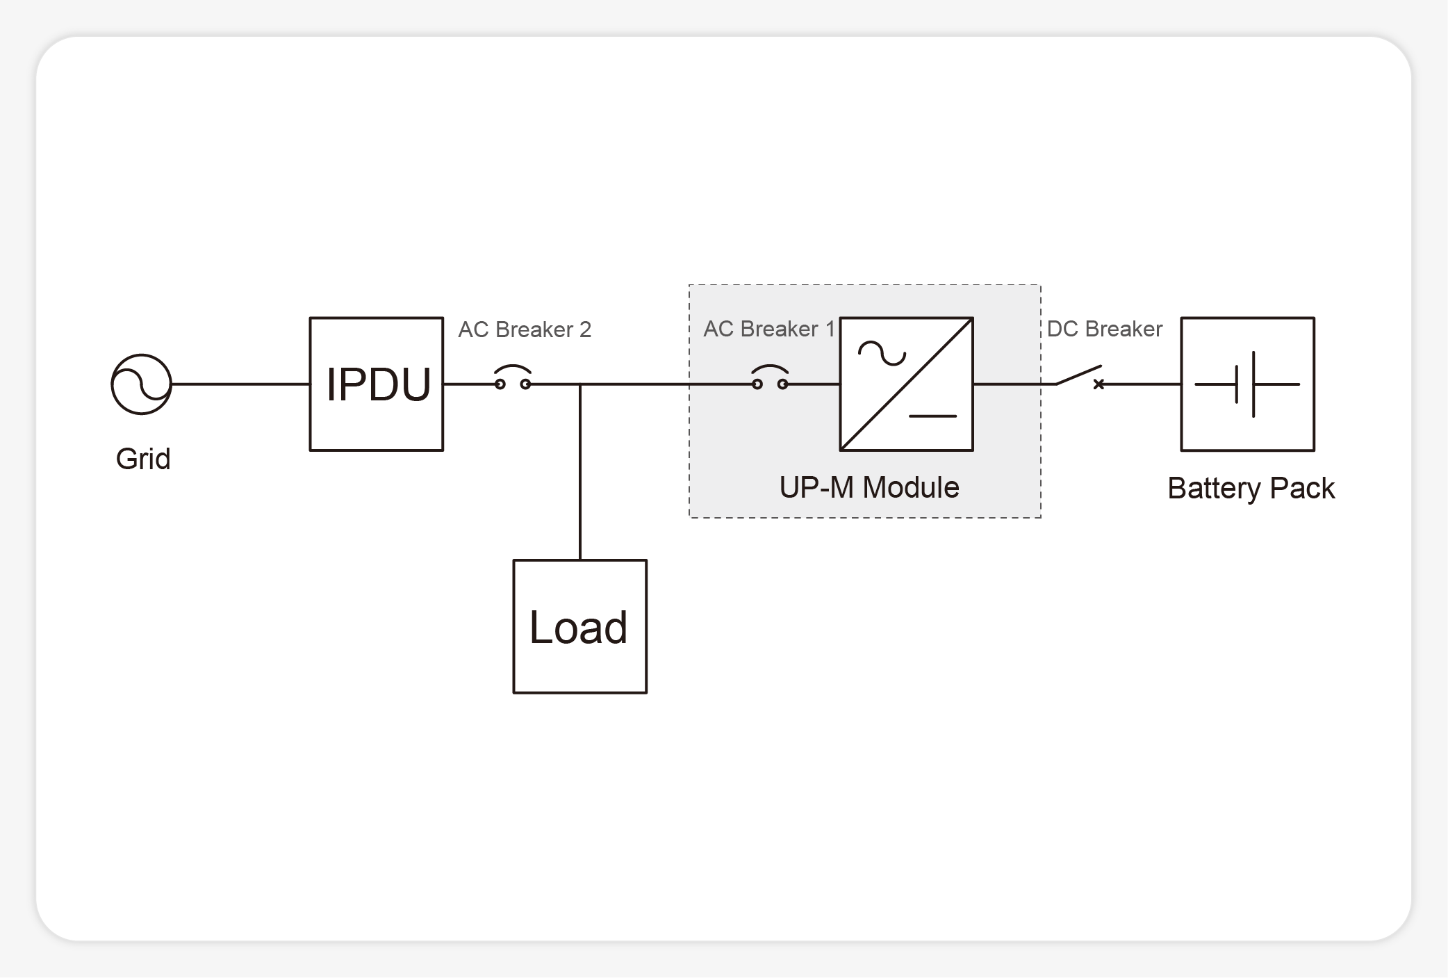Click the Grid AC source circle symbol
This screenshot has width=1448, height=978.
(141, 384)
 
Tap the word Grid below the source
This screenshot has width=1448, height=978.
(143, 459)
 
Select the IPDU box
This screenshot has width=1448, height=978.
(376, 384)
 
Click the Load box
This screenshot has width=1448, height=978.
(579, 626)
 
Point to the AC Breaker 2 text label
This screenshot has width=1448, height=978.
(525, 329)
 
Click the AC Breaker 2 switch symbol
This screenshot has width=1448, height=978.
(513, 379)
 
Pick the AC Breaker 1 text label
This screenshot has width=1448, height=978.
(768, 329)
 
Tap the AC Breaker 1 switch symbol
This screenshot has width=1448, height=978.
(770, 379)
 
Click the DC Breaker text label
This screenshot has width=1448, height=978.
(1104, 329)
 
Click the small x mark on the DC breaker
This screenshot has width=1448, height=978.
(1099, 384)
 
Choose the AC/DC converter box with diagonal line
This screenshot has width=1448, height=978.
(906, 384)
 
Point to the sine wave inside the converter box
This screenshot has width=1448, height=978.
(882, 353)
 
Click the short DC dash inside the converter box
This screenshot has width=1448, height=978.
(932, 416)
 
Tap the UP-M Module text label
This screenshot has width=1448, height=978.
(869, 488)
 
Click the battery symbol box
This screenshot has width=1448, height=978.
(1247, 384)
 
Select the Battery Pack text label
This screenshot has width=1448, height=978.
(1251, 489)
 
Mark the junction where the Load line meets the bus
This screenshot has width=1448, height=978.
(580, 384)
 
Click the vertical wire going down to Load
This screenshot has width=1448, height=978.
(580, 473)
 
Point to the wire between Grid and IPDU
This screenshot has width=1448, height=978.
(240, 384)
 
